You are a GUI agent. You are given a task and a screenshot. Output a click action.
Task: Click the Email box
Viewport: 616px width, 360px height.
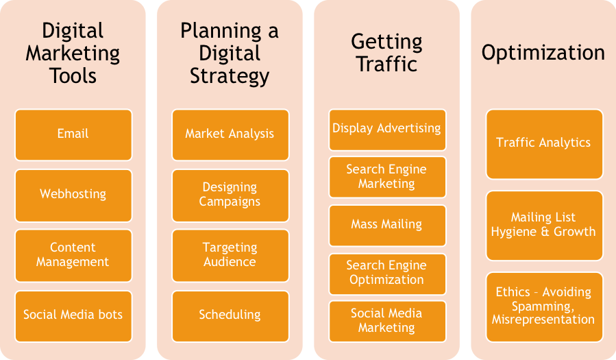point(73,134)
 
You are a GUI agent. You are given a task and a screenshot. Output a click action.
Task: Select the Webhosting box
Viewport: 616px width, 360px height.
point(73,194)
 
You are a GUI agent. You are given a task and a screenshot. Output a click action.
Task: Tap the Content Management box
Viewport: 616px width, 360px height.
point(73,254)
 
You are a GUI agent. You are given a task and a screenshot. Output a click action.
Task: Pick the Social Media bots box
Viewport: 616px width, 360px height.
point(73,315)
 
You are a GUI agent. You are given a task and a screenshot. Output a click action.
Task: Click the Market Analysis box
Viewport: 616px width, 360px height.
point(230,134)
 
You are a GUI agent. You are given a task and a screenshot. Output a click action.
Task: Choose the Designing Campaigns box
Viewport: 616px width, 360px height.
point(230,194)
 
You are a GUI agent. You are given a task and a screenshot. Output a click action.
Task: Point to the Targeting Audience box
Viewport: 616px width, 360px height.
point(230,254)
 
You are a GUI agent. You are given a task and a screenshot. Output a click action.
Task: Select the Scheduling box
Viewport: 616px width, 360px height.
point(230,315)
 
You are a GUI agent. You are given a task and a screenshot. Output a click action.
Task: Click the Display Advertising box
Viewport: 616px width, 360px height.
point(386,129)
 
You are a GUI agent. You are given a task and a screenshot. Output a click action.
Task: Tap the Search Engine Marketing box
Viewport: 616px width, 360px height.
point(386,177)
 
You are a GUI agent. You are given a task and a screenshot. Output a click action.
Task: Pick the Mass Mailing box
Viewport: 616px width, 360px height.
point(386,225)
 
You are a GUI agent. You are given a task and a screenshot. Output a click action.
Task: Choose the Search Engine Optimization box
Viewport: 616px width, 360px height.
point(386,273)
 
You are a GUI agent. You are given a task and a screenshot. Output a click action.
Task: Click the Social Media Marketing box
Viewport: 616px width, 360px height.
point(386,321)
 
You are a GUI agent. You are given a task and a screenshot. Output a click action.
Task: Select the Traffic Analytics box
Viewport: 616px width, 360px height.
point(543,143)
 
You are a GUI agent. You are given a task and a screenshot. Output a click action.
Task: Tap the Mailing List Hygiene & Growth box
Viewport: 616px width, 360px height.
point(543,225)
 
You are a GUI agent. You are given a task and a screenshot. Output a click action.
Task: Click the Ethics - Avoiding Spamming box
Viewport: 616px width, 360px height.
point(543,307)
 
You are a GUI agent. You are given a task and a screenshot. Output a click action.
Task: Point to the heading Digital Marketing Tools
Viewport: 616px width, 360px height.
point(73,53)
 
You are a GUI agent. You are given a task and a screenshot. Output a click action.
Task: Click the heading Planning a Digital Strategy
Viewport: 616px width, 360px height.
point(230,53)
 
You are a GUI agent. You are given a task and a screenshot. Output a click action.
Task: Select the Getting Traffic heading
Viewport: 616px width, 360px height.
point(386,53)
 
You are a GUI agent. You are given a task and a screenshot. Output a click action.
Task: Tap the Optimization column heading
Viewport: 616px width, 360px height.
point(543,53)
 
